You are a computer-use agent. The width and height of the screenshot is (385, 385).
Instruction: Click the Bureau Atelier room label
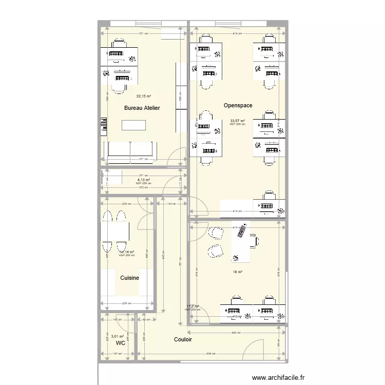tap(142, 108)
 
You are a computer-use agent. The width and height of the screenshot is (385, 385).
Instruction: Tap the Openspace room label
tap(238, 105)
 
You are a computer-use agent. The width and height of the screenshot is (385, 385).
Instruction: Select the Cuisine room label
tap(129, 278)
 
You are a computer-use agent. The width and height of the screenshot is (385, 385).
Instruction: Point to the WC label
tap(120, 342)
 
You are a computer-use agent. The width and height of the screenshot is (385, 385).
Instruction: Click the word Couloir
tap(183, 340)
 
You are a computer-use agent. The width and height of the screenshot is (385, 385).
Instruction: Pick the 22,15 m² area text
tap(143, 96)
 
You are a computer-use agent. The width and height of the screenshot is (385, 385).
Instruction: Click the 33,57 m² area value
tap(237, 121)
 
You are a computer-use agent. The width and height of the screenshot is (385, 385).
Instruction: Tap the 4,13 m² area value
tap(143, 180)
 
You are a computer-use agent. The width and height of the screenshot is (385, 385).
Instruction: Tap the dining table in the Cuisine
tap(114, 231)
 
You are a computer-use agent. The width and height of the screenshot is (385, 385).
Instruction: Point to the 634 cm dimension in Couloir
tap(211, 354)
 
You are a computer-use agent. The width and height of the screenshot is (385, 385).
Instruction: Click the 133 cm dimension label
tap(171, 204)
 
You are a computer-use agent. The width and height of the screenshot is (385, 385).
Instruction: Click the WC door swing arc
tap(124, 320)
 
